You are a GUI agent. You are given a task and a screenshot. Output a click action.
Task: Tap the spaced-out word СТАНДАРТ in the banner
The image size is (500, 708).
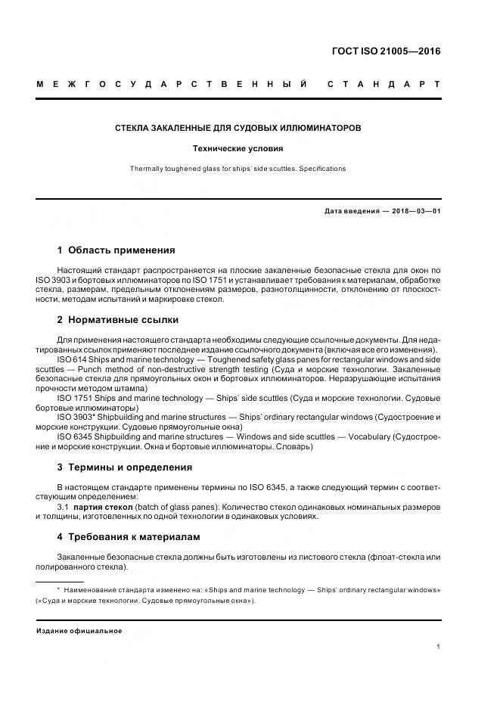coord(384,83)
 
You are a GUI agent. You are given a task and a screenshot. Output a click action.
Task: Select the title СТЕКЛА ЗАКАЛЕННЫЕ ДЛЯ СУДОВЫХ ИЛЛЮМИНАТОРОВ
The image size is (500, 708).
coord(238,129)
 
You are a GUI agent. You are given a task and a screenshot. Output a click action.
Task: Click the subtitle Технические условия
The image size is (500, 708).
coord(238,149)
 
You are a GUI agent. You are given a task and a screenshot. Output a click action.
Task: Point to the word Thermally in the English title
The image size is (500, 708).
coord(147,169)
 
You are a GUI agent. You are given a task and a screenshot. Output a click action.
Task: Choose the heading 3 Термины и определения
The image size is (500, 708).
coord(125,467)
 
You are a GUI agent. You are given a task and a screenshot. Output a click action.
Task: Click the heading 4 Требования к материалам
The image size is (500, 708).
coord(129,536)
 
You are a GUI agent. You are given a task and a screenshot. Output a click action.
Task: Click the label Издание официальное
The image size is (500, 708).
coord(79,631)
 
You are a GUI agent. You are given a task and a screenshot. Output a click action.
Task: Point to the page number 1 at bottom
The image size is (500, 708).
coord(438,647)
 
